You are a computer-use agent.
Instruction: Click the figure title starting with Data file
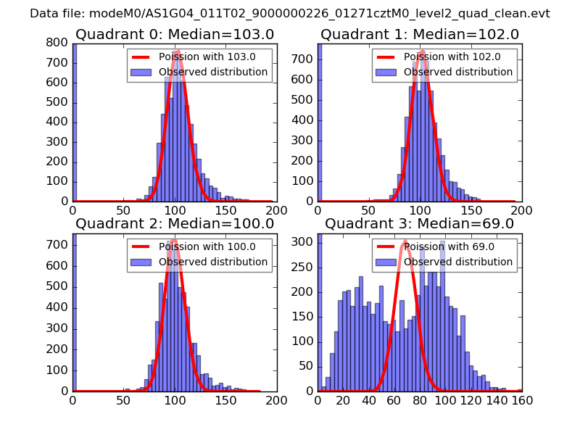290,14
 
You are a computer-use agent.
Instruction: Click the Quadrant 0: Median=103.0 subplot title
175,34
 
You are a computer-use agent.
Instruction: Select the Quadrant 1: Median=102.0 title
420,34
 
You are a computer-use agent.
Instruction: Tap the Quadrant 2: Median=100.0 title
175,223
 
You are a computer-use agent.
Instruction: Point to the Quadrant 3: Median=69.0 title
420,223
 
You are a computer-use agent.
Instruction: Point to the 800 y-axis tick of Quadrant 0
59,43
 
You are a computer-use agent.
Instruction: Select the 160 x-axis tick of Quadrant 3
522,400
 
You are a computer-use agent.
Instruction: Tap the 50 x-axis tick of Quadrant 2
124,400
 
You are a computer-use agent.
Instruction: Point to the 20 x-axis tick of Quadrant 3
344,400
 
